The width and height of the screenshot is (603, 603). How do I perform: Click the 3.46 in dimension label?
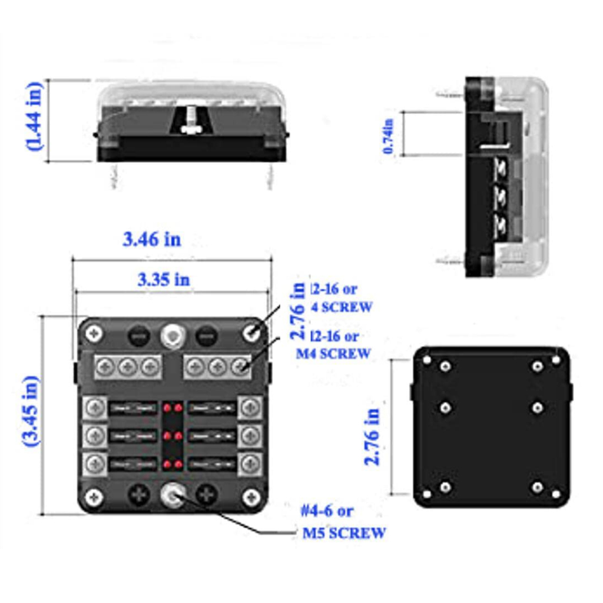tap(152, 239)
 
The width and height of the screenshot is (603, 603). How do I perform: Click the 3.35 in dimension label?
tap(164, 279)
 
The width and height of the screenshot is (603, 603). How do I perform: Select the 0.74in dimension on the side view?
tap(388, 136)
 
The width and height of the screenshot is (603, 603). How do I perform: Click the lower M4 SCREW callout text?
tap(333, 353)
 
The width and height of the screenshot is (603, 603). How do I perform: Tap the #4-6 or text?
tap(327, 510)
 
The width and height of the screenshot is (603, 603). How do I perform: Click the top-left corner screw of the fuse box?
tap(94, 334)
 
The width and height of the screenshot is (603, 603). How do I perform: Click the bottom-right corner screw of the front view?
tap(251, 498)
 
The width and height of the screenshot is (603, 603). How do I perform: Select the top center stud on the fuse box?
tap(172, 336)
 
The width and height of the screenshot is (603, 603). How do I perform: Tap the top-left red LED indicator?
tap(167, 407)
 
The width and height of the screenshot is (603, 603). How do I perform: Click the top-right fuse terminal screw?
tap(251, 406)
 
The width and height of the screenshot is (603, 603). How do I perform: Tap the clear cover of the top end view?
tap(191, 94)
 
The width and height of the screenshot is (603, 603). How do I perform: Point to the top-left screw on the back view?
tap(445, 366)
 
